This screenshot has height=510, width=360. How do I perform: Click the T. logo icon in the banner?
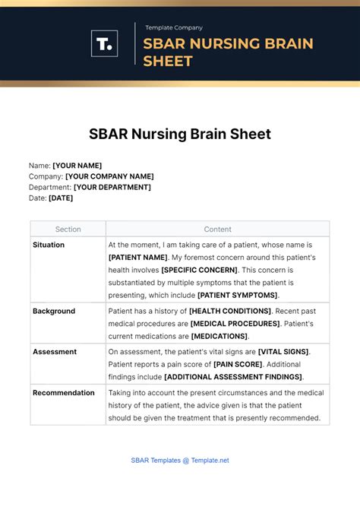[104, 43]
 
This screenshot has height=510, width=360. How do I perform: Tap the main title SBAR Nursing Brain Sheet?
[179, 134]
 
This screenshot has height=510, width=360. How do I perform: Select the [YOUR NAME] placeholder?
[77, 166]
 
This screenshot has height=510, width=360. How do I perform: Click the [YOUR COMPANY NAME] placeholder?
[109, 176]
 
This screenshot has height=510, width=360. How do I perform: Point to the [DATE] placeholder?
[61, 198]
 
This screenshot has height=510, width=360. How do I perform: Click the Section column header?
[68, 230]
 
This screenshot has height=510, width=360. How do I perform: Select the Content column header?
[217, 230]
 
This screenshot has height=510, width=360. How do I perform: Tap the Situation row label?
[49, 245]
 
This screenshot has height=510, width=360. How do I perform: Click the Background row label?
[53, 311]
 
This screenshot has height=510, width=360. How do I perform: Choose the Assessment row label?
[55, 352]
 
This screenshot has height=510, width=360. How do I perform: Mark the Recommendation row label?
[64, 393]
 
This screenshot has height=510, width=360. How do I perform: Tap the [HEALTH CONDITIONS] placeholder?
[230, 311]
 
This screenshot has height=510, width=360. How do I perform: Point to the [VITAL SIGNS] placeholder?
[283, 352]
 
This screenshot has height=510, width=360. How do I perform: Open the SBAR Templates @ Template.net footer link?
[179, 460]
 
